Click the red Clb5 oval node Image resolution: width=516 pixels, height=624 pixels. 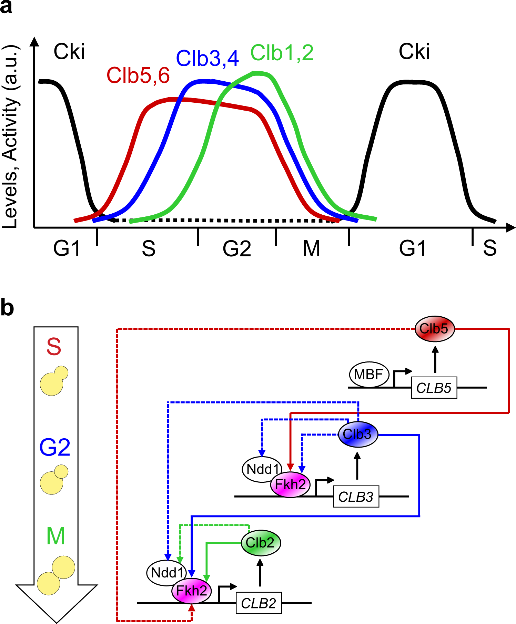(x=434, y=329)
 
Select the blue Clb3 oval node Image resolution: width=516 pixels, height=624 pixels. (x=358, y=434)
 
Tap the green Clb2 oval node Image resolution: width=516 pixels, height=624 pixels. (x=261, y=543)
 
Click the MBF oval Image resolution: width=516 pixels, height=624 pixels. (x=369, y=374)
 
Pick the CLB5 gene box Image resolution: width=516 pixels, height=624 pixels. (x=434, y=388)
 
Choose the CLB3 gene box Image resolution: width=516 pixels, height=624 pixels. (x=356, y=497)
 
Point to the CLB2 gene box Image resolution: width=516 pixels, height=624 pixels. (x=259, y=603)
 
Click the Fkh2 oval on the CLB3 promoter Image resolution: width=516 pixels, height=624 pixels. (x=290, y=484)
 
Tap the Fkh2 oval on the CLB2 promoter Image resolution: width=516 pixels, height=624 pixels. (x=192, y=591)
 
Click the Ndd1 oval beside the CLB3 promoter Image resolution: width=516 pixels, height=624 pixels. (x=262, y=469)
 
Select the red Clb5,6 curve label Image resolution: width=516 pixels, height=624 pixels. (x=138, y=75)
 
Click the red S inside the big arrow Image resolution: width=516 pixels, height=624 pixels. (x=54, y=347)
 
